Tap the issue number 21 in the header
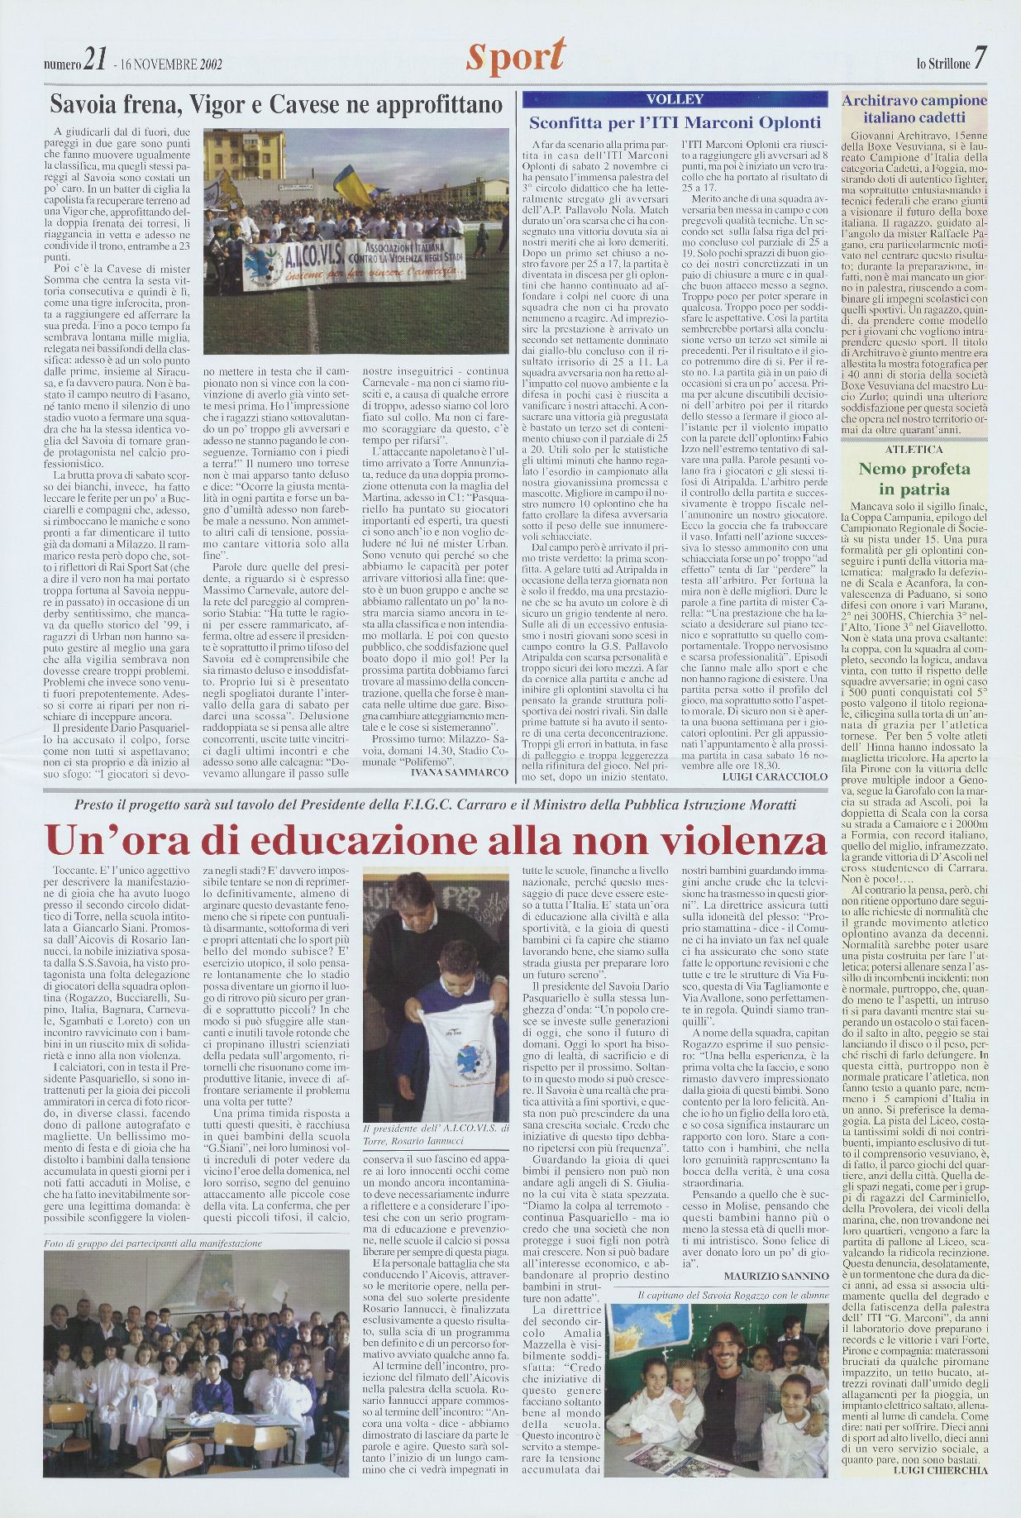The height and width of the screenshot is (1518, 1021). click(x=96, y=60)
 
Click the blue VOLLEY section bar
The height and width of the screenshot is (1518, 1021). click(x=675, y=100)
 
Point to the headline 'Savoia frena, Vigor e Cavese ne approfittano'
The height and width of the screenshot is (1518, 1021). click(x=276, y=105)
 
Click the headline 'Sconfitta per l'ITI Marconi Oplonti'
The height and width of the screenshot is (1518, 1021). click(x=675, y=122)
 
